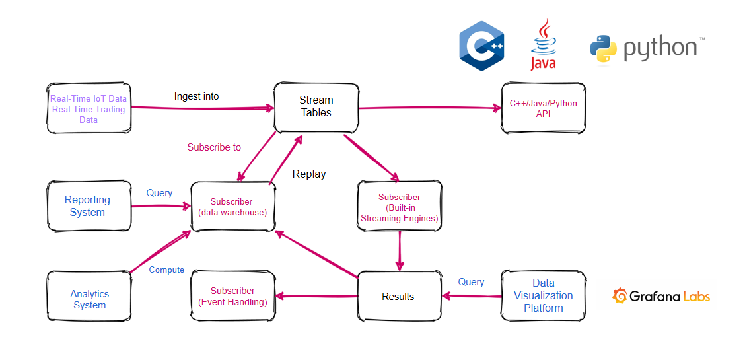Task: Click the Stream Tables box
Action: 316,106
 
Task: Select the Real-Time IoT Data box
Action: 89,109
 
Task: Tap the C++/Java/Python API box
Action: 543,109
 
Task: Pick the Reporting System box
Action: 88,206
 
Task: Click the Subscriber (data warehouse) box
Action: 232,207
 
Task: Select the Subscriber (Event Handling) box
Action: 232,297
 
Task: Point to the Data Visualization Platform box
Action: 543,295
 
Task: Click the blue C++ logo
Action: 482,46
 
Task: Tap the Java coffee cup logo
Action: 543,44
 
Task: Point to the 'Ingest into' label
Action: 196,96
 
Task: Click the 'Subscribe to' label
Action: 214,147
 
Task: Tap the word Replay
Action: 309,174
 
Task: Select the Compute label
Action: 166,270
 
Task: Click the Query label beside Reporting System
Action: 159,193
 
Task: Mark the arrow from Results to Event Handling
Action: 316,297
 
